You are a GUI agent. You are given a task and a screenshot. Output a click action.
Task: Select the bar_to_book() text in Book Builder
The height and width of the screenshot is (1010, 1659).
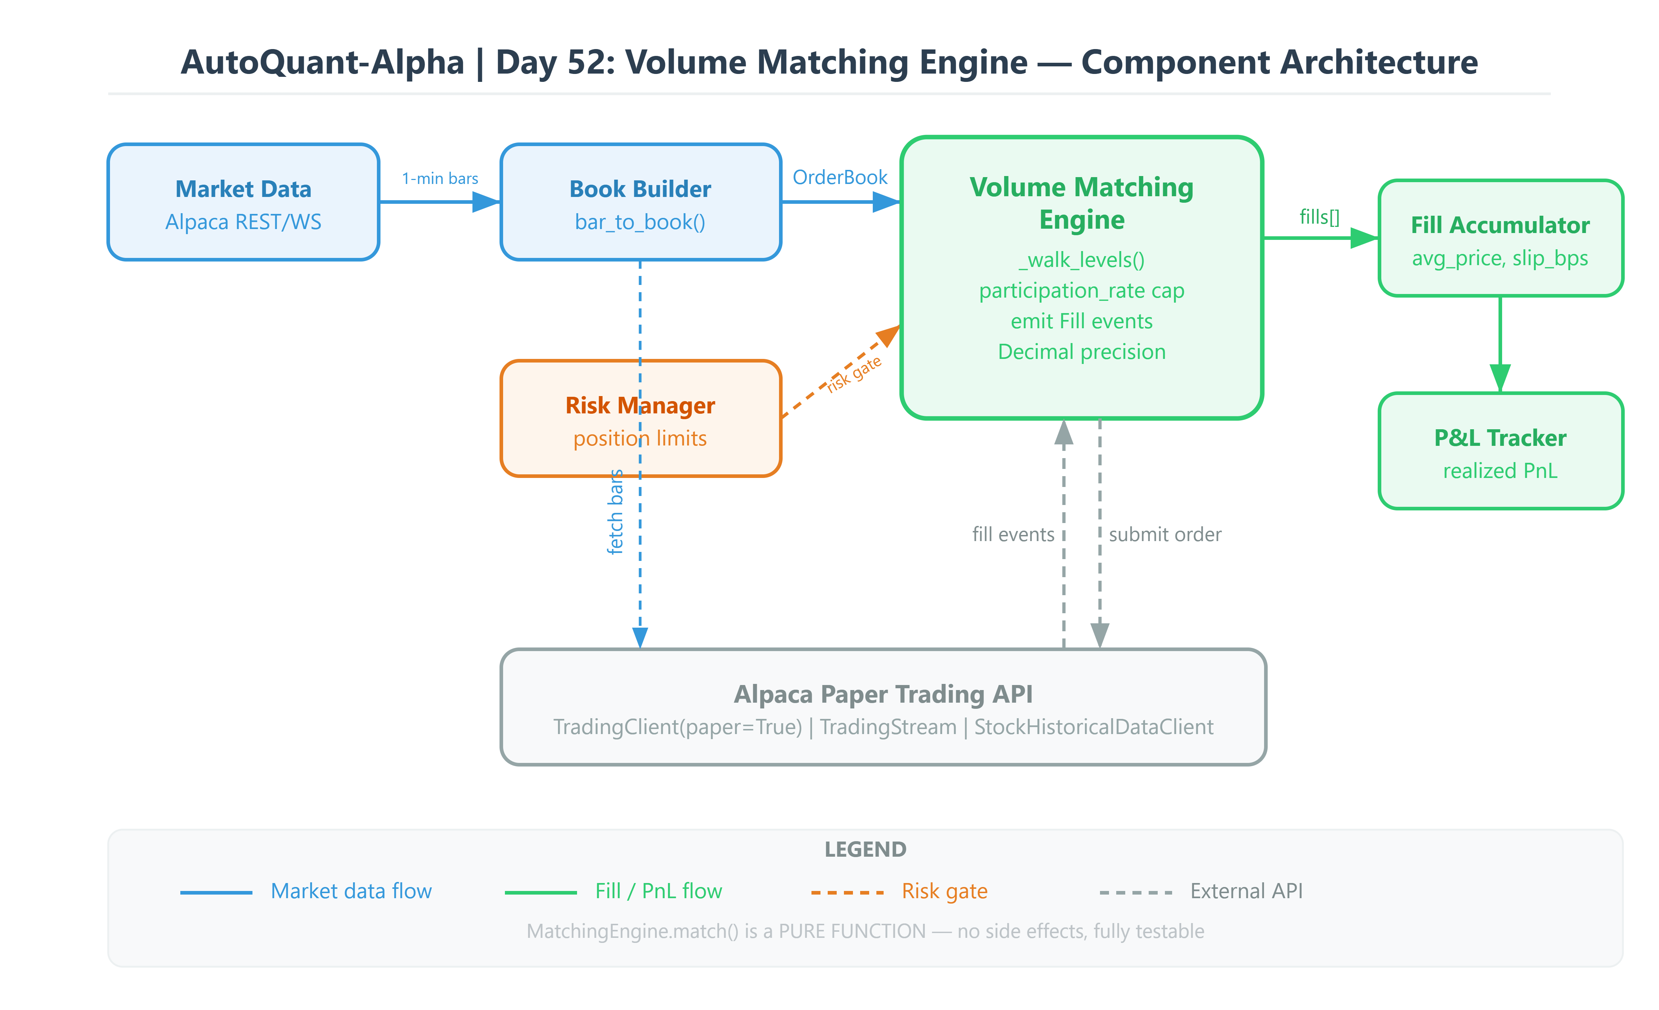pos(640,222)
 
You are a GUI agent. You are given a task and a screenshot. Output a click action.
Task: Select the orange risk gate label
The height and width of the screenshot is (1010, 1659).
pos(854,374)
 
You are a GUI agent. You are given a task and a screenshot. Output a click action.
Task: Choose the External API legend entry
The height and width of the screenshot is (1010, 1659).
pos(1246,891)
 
